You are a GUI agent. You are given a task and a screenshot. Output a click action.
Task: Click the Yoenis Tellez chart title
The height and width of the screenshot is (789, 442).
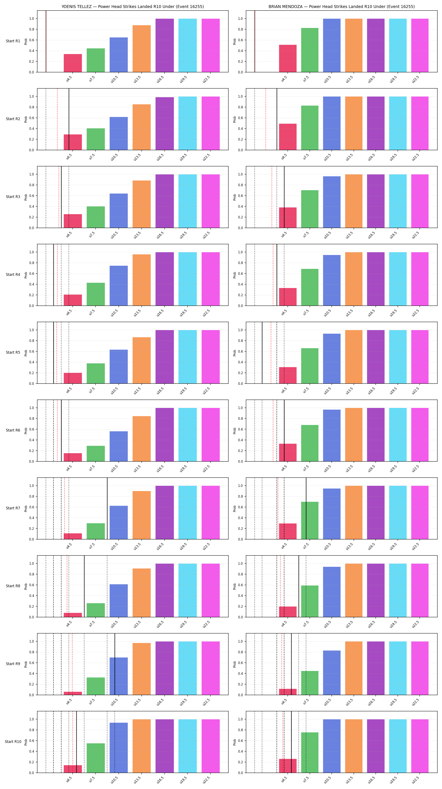pyautogui.click(x=132, y=7)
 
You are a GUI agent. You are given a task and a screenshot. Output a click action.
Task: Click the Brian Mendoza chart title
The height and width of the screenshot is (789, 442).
pyautogui.click(x=342, y=7)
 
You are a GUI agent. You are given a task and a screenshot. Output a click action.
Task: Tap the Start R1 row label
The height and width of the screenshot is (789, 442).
pyautogui.click(x=13, y=41)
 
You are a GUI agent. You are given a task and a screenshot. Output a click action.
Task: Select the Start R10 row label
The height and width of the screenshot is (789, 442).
pyautogui.click(x=13, y=741)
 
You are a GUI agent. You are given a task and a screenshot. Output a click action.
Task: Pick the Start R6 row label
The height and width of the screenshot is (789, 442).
pyautogui.click(x=13, y=430)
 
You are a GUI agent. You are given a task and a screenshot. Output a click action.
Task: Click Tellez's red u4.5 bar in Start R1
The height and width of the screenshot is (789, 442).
pyautogui.click(x=73, y=63)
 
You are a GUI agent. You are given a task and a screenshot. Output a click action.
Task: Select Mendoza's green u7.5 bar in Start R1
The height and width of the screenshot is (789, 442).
pyautogui.click(x=310, y=50)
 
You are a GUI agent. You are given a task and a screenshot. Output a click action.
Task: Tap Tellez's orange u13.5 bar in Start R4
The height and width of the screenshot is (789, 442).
pyautogui.click(x=141, y=280)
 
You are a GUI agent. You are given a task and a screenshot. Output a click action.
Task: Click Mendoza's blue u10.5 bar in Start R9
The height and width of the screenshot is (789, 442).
pyautogui.click(x=332, y=673)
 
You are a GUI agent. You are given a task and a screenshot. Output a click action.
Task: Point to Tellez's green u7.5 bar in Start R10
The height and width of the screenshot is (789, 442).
pyautogui.click(x=96, y=758)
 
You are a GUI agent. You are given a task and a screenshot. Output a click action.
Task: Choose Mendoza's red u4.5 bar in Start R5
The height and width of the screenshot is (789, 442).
pyautogui.click(x=288, y=375)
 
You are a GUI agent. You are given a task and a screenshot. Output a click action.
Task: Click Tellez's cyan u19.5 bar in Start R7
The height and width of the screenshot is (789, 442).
pyautogui.click(x=188, y=512)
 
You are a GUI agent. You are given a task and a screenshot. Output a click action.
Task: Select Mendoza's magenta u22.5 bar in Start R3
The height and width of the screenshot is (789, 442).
pyautogui.click(x=420, y=201)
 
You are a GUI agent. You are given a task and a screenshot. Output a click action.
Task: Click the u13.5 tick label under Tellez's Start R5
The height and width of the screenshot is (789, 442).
pyautogui.click(x=137, y=390)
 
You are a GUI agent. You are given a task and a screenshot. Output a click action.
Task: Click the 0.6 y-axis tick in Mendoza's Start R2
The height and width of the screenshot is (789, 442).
pyautogui.click(x=240, y=118)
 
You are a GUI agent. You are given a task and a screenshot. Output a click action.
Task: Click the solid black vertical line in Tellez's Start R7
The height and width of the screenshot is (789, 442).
pyautogui.click(x=107, y=509)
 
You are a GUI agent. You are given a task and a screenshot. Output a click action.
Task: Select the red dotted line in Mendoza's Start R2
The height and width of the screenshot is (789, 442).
pyautogui.click(x=266, y=119)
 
